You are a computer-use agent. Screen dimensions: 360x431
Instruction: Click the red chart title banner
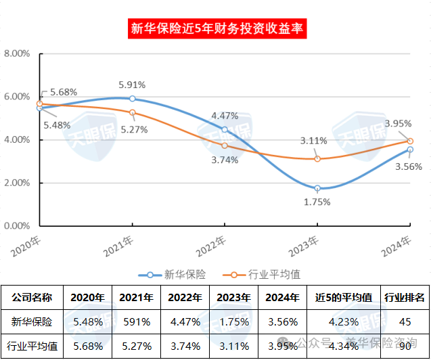click(215, 28)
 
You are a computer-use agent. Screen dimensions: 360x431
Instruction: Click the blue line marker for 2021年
click(133, 99)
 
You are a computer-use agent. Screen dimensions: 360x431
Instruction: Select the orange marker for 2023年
click(317, 159)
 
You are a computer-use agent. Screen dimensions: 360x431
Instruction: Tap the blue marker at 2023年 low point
click(317, 188)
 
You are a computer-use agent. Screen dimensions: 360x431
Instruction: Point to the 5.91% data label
click(132, 85)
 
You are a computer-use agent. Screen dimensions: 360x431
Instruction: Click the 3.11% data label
click(314, 141)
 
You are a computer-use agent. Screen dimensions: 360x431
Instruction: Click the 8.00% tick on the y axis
click(17, 53)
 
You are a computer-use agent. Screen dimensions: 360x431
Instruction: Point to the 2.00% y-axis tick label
click(17, 183)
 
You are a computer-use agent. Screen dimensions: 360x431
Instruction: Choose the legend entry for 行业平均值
click(265, 274)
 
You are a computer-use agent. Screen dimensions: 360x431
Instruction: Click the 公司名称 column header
click(31, 297)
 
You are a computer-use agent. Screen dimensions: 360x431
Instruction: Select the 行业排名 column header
click(405, 297)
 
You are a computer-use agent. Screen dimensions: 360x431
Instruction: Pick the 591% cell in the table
click(135, 322)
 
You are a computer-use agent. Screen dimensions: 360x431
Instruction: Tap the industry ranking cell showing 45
click(405, 322)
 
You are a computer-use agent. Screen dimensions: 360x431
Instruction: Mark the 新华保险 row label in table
click(31, 322)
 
